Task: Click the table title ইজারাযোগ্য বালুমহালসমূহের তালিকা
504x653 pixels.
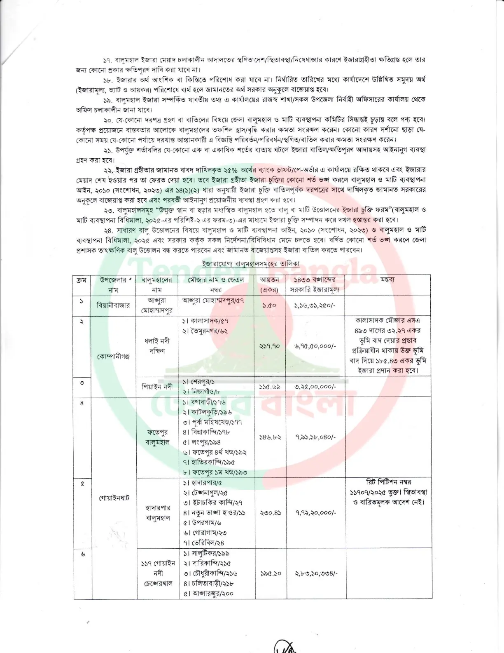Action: (x=251, y=264)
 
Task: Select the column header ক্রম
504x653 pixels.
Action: (x=82, y=280)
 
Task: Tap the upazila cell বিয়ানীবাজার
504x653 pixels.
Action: (x=113, y=305)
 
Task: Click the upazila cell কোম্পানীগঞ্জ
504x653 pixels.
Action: (x=113, y=357)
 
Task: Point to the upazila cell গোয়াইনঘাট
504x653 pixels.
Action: (x=114, y=498)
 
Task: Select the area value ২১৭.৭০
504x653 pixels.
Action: (x=270, y=346)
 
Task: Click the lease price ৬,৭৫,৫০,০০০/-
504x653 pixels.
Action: (x=315, y=346)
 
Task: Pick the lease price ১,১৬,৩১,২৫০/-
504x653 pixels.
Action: (x=315, y=305)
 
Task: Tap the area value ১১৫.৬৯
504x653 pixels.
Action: (x=270, y=387)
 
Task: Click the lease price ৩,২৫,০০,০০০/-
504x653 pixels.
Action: (x=315, y=387)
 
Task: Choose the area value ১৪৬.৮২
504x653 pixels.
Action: (x=270, y=437)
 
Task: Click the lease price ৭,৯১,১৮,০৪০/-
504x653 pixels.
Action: (x=315, y=437)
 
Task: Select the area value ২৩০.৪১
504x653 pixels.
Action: (x=270, y=513)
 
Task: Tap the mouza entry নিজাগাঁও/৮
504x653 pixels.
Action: (x=205, y=392)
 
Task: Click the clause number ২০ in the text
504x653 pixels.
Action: (x=108, y=120)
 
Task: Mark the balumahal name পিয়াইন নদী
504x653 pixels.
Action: (x=157, y=387)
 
